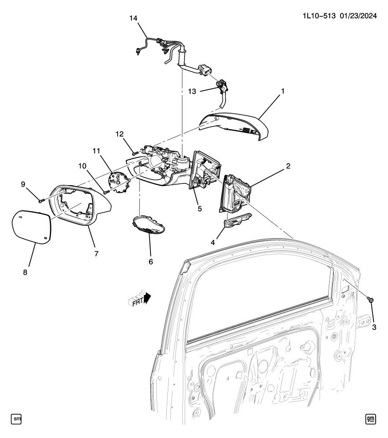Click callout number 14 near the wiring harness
click(133, 18)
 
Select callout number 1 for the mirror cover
click(283, 91)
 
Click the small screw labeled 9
click(40, 200)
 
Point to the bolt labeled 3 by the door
click(370, 300)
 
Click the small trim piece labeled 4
click(238, 221)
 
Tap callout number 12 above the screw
click(119, 134)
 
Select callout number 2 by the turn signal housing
click(288, 167)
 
